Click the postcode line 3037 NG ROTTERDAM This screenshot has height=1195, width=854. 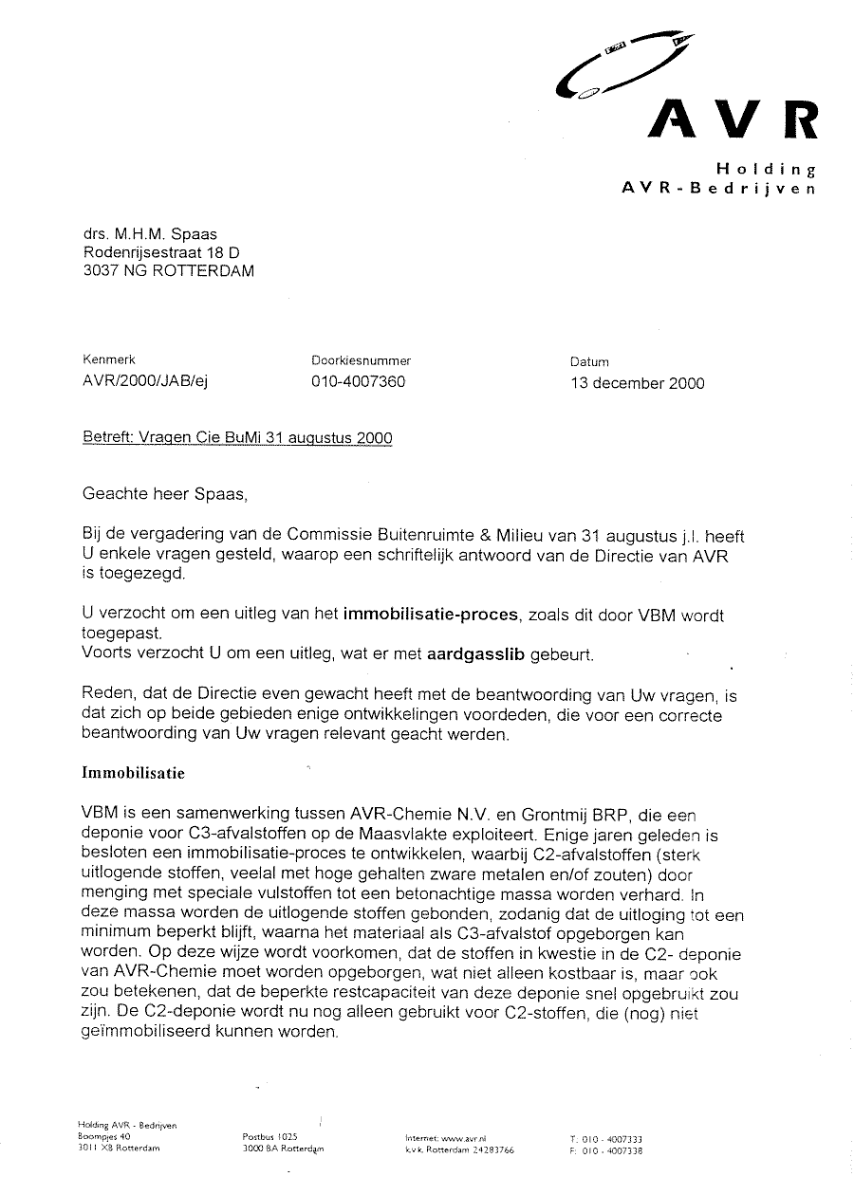tap(169, 270)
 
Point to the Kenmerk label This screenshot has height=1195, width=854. tap(110, 360)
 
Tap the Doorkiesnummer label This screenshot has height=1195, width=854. tap(361, 360)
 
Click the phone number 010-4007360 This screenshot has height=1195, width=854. tap(358, 383)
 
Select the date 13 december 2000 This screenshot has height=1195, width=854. tap(638, 383)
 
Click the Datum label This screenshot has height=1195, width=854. tap(589, 361)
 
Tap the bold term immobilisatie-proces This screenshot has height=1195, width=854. tap(431, 614)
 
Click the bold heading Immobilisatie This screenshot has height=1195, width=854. tap(134, 773)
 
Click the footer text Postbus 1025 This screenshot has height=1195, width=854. tap(270, 1135)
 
